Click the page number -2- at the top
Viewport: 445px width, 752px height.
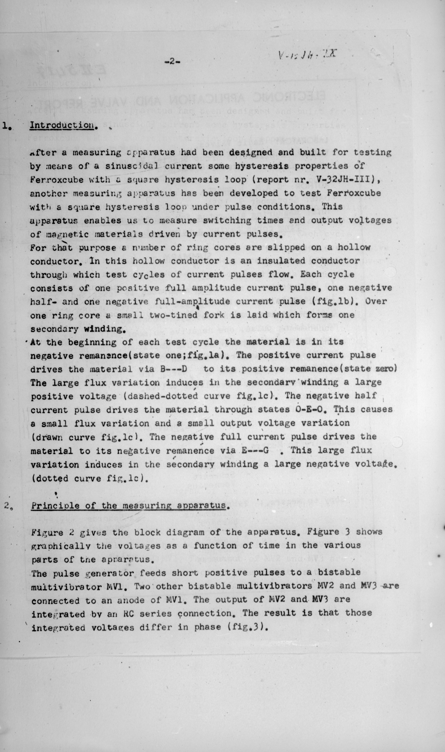tap(172, 61)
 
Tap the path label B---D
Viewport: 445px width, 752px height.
tap(174, 369)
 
